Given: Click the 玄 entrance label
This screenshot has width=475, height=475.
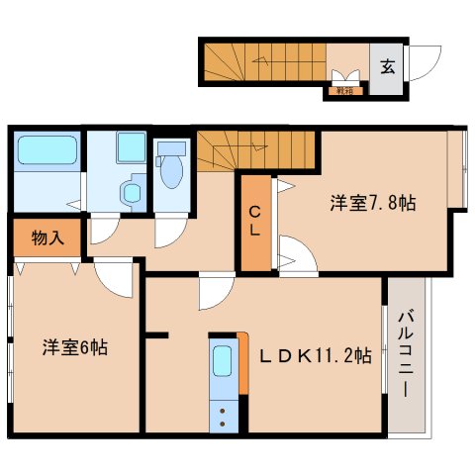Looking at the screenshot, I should click(388, 68).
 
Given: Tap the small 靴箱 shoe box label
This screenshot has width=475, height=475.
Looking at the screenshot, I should click(344, 91).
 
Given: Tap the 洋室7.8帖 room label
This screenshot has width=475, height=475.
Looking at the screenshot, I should click(372, 203).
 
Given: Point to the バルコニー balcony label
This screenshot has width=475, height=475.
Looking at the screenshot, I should click(406, 352).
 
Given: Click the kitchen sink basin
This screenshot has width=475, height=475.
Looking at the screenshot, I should click(222, 360).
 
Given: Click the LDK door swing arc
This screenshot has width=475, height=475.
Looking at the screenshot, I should click(215, 293).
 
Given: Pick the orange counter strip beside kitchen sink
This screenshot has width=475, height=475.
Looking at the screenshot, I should click(241, 362).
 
